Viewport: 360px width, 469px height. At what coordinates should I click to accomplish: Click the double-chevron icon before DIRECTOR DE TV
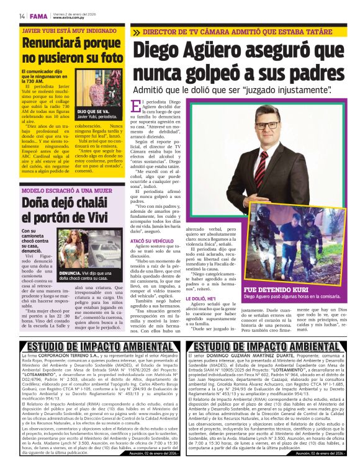[x=136, y=32]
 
